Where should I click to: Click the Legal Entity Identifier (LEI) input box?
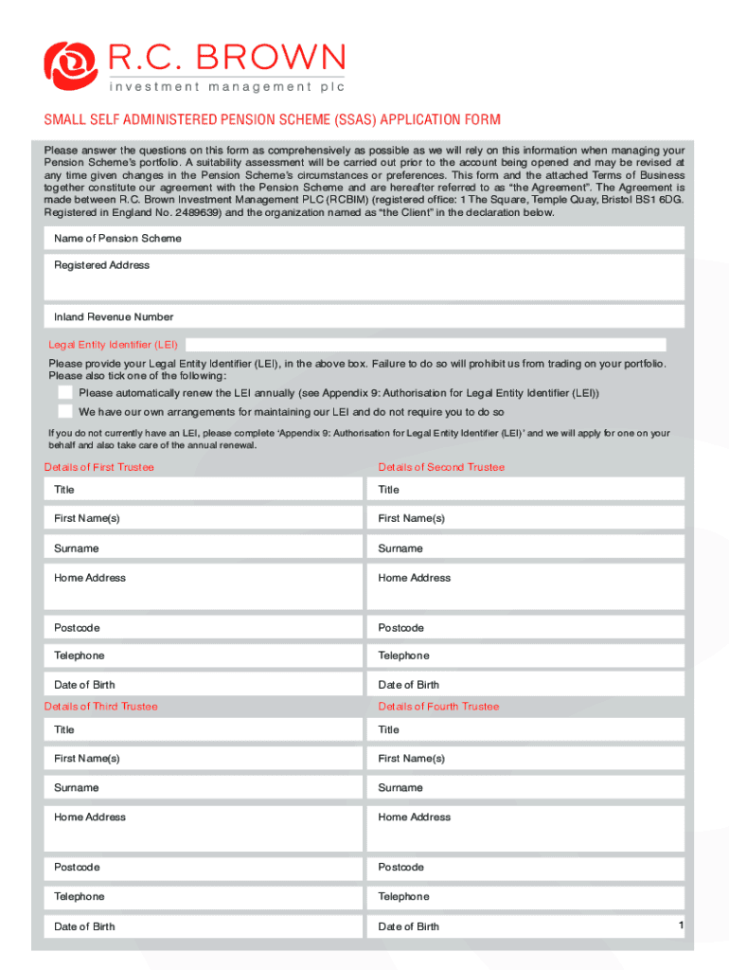[x=426, y=345]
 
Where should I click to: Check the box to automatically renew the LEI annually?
[x=64, y=392]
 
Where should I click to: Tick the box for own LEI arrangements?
[x=64, y=412]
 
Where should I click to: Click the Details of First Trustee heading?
[x=99, y=467]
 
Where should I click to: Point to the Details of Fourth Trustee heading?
[x=438, y=707]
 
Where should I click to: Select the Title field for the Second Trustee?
[x=525, y=490]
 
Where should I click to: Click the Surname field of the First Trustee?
[x=203, y=548]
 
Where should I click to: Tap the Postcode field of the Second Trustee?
[x=525, y=628]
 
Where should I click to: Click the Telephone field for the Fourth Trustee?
[x=525, y=896]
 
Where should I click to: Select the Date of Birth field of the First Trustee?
[x=203, y=685]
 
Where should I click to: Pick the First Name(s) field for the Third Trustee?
[x=203, y=759]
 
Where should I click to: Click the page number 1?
[x=681, y=924]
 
